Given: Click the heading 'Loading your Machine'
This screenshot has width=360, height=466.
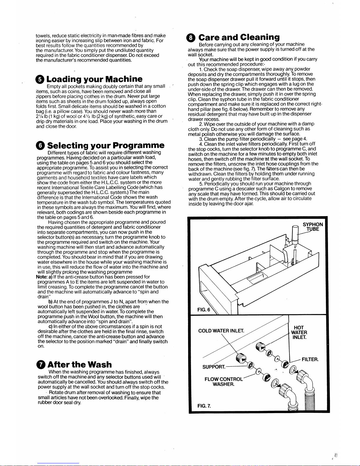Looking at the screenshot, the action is [x=94, y=79].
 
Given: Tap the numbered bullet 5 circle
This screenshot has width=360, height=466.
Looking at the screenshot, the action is [x=40, y=79].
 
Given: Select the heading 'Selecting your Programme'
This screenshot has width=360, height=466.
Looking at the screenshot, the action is [x=106, y=146].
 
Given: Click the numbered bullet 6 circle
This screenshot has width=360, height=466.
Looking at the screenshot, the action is [x=41, y=146].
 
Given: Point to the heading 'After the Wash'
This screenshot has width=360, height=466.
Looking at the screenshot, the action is [x=80, y=364].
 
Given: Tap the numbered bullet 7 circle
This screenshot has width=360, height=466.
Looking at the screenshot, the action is [x=41, y=365].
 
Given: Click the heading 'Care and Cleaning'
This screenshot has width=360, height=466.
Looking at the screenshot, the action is [x=239, y=37].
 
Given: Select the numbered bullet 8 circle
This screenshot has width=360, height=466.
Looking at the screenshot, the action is [x=191, y=38].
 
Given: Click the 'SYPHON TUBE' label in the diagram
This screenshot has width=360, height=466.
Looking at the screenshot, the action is [x=313, y=227].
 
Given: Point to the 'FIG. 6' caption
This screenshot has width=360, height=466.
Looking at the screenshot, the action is [x=204, y=310].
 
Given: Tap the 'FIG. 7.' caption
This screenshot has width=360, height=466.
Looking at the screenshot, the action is [x=204, y=406].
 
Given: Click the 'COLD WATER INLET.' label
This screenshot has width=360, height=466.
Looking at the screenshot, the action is [x=221, y=331].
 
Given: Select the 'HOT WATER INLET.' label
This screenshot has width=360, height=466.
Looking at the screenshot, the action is [x=299, y=333].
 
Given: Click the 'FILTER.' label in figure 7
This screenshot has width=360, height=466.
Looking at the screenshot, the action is [x=310, y=359].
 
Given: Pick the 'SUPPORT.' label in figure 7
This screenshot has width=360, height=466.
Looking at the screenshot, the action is [x=214, y=367].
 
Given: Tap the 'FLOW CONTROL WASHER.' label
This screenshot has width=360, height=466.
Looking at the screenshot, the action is [x=224, y=382].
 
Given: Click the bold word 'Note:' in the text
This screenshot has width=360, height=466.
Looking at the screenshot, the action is [x=42, y=277].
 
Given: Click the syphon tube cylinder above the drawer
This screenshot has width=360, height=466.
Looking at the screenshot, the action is [x=295, y=233].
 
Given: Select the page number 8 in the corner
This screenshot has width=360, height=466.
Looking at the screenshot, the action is [x=336, y=455].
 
